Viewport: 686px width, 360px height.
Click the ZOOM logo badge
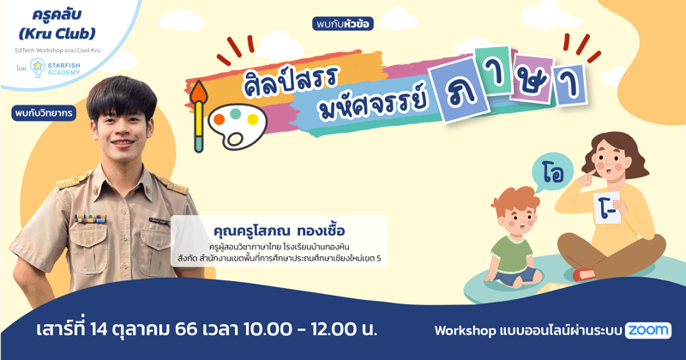(648, 330)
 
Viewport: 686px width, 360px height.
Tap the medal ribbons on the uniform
(89, 219)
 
